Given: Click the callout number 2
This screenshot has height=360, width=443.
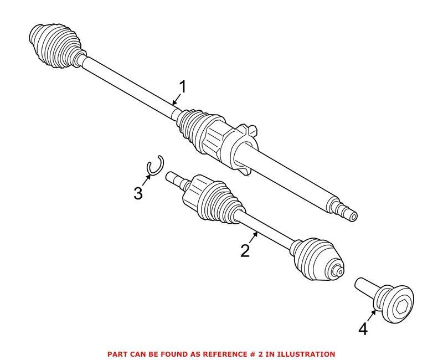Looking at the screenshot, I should [245, 250].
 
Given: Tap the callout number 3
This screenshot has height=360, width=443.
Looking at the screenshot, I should [138, 193].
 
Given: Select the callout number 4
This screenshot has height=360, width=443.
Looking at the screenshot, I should [363, 329].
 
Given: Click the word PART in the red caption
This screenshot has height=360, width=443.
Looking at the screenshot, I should [118, 353].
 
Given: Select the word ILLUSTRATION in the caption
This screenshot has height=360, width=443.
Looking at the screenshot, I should [308, 353].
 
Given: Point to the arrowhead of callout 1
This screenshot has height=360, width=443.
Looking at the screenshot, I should [173, 103].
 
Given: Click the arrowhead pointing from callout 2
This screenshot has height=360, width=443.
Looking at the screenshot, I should [256, 234].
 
